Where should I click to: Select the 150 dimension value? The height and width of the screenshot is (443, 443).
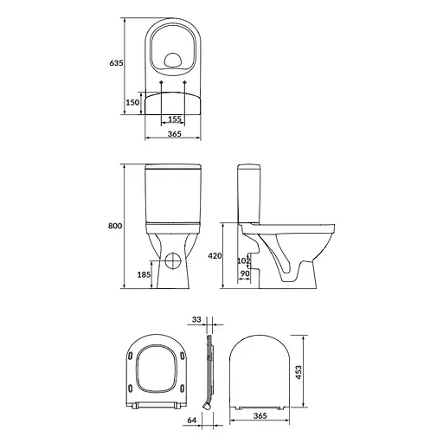pos(133,102)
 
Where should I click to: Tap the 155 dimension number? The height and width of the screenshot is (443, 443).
pos(174,119)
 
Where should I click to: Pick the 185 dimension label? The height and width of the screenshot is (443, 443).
pos(144,274)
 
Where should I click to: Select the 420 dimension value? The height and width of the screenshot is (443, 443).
pos(216,256)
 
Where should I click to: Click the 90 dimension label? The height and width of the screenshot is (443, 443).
pos(244,274)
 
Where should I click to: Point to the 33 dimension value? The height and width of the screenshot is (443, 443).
pos(196,319)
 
